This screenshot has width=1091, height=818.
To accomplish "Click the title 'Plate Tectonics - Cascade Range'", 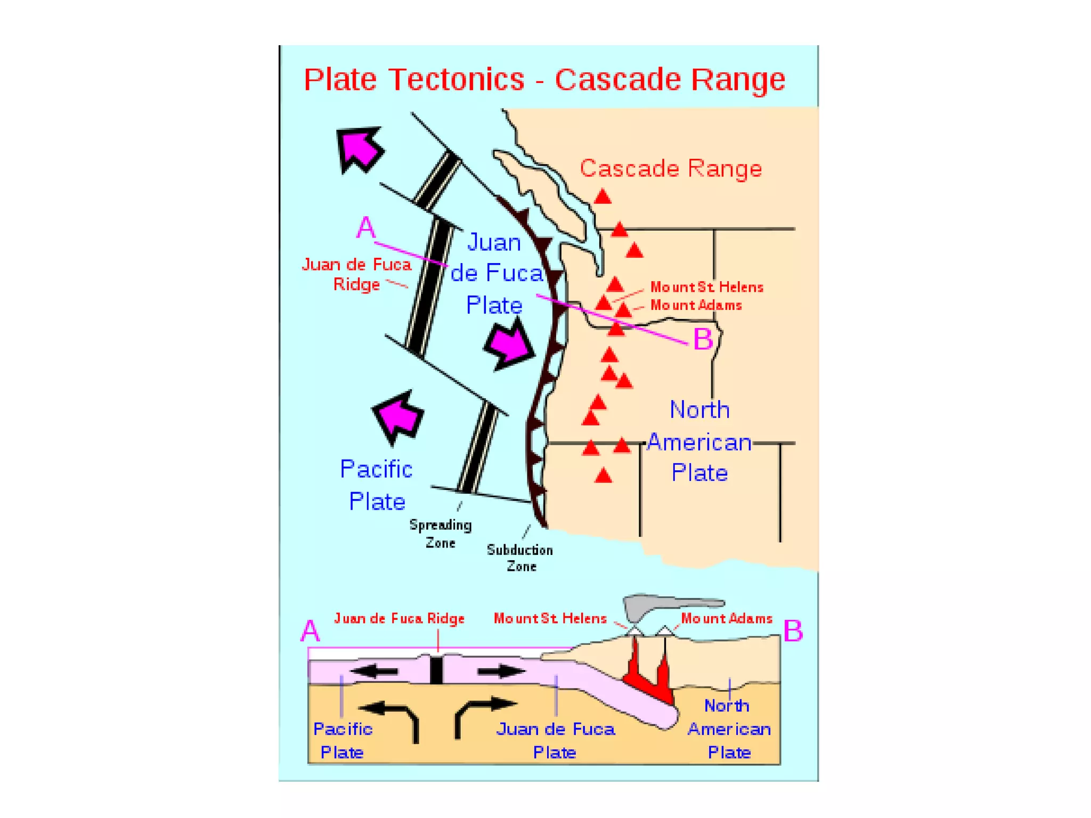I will coord(544,80).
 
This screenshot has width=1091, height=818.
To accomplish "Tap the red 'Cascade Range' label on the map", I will coord(671,168).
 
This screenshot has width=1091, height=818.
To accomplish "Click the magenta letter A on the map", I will coord(366,228).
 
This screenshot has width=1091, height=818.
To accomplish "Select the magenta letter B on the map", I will coord(703,339).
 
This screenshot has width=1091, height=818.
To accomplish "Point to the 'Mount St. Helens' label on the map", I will coord(706,287).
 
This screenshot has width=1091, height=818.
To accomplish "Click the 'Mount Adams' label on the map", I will coord(696,305).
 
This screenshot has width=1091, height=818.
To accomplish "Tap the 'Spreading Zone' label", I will coord(440,534).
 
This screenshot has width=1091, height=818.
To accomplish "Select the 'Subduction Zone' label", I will coord(520,558).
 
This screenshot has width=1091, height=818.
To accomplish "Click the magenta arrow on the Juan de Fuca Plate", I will coord(509,344).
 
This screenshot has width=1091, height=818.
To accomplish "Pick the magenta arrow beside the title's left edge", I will coord(360,149).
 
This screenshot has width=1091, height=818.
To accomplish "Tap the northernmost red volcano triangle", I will coord(603,197).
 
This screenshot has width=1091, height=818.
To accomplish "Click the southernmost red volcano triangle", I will coord(603,475).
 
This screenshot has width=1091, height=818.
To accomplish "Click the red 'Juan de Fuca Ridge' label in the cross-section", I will coord(399,618).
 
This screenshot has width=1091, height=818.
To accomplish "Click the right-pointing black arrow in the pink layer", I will coord(501,672).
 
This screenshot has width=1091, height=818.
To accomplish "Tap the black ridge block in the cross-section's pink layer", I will coord(436,670).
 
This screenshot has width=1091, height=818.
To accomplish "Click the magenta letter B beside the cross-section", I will coord(793,631).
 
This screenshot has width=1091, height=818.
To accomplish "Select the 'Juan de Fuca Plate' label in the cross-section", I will coord(555,740).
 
